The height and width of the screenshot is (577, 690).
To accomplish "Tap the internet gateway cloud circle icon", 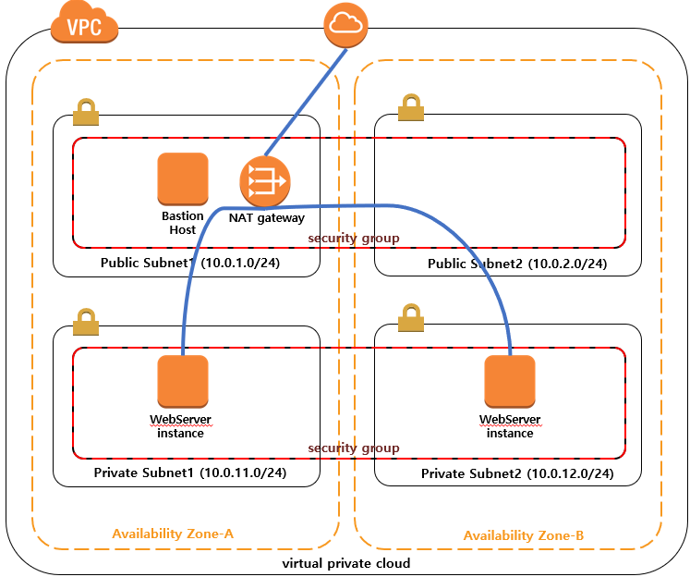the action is point(345,25).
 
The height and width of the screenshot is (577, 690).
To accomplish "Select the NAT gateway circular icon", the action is point(265,181).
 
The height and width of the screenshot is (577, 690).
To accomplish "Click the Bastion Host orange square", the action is point(183,178).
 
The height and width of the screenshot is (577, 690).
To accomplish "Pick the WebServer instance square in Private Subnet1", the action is point(183,382).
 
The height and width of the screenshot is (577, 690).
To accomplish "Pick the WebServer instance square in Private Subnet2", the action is point(510,382).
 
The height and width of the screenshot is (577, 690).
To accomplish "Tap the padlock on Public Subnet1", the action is point(86,112).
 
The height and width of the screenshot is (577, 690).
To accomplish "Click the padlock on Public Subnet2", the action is point(411,107).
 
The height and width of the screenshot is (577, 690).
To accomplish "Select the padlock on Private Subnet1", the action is point(86,322).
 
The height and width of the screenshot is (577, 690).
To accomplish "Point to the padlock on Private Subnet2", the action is point(411,317).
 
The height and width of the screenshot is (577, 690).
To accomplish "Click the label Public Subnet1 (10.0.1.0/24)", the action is point(190,263).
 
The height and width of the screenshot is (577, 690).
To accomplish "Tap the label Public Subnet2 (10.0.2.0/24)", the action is point(517,264).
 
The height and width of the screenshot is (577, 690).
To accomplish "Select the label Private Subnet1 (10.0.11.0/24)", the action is point(190,473).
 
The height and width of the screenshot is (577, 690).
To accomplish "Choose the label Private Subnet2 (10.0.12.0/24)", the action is point(517,474).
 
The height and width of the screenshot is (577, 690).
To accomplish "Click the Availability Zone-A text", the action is point(173,534).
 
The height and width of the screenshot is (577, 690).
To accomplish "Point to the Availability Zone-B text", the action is point(524,535).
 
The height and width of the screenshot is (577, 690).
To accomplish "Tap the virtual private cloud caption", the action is point(346,563).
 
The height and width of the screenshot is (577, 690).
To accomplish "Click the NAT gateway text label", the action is point(267,218).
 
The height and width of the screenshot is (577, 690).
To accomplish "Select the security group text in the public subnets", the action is point(354,239).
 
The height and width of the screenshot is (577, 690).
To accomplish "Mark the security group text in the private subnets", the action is point(354,448).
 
